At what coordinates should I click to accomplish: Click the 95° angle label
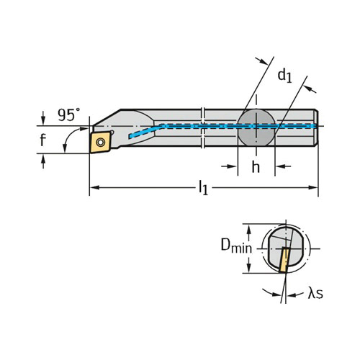pos(69,114)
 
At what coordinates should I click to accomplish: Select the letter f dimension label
pos(42,140)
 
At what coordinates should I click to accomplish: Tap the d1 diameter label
pos(285,76)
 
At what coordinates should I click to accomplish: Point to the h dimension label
pos(256,166)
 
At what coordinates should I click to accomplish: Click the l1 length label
pos(203,188)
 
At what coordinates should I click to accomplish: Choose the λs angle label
pos(315,293)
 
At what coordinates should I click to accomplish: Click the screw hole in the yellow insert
pos(101,143)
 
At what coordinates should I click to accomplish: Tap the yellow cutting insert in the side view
pos(101,142)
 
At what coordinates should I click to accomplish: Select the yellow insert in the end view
pos(284,261)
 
